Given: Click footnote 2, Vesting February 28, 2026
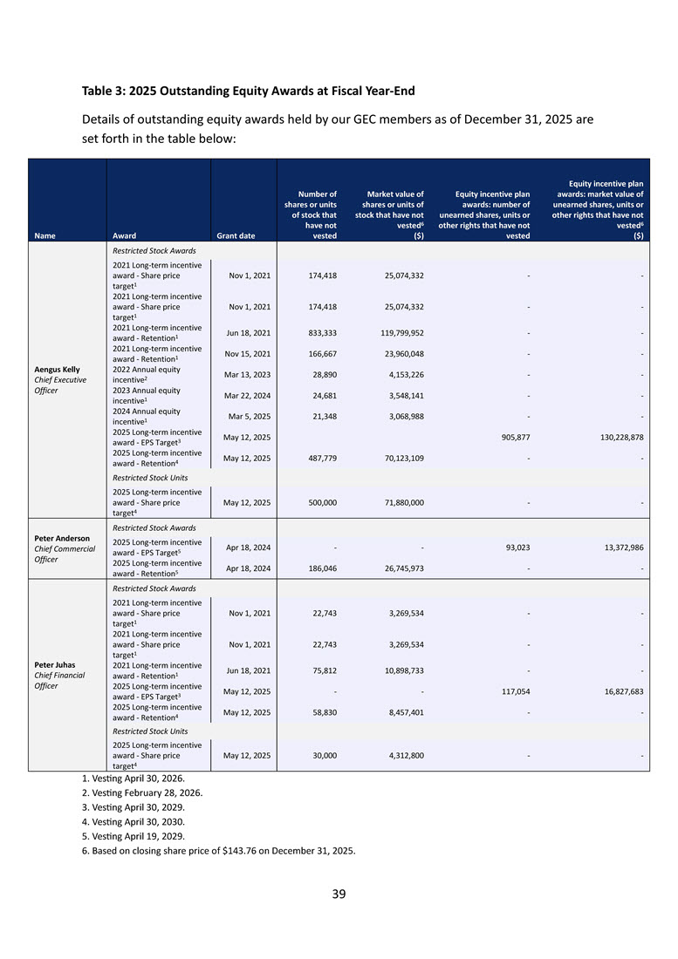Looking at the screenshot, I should click(144, 792).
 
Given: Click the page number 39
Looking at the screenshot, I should click(339, 894).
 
